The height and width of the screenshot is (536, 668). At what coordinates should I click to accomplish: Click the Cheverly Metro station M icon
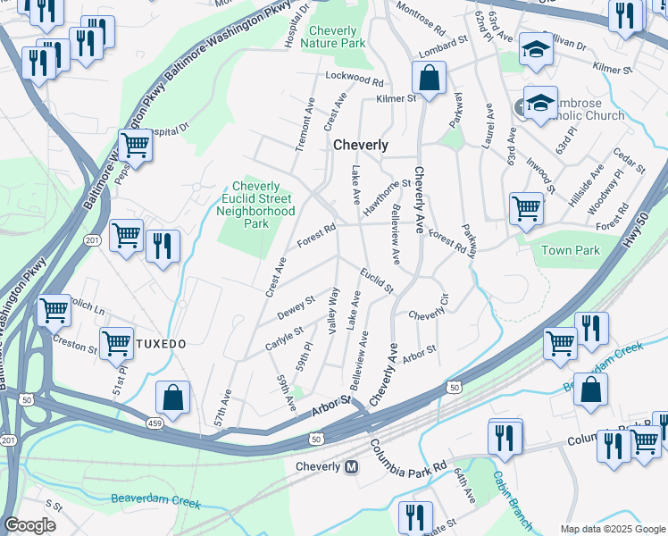pos(352,467)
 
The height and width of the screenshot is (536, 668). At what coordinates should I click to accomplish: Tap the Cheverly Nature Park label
pos(333,36)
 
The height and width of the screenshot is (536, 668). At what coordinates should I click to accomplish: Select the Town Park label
pos(571,250)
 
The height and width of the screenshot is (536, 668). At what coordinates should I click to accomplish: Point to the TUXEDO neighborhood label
pos(162,343)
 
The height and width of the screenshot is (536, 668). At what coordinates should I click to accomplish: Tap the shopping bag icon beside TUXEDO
pos(172,398)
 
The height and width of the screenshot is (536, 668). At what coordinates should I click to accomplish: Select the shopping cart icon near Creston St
pos(116,342)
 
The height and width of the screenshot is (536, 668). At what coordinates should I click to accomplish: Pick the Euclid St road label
pos(377,281)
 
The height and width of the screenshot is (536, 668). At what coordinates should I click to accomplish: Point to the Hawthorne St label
pos(386,197)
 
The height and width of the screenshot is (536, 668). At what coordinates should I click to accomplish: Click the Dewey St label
pos(296,309)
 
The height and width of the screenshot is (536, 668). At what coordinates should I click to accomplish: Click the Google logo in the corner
pos(29,525)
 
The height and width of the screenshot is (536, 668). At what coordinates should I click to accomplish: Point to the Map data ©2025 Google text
pos(613,529)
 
